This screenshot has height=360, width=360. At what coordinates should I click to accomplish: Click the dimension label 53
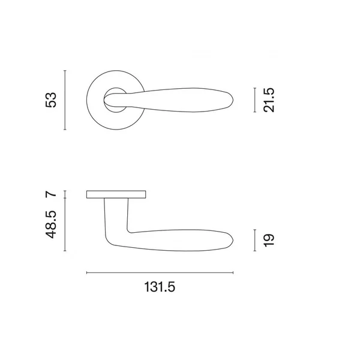(x=51, y=100)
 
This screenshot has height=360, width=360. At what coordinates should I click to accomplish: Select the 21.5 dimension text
(x=269, y=100)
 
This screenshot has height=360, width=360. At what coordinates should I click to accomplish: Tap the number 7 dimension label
(x=51, y=194)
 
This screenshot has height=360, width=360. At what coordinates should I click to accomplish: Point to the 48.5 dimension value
(x=51, y=224)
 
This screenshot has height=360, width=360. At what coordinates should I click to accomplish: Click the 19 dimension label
(x=269, y=241)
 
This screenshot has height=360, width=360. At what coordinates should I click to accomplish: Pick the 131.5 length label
(x=160, y=287)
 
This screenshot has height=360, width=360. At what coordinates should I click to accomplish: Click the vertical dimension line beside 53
(x=65, y=100)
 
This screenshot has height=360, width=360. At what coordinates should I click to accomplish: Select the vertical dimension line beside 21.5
(x=254, y=100)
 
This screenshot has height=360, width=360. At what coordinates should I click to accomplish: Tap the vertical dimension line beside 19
(x=254, y=240)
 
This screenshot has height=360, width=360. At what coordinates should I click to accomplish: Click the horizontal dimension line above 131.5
(x=160, y=273)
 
